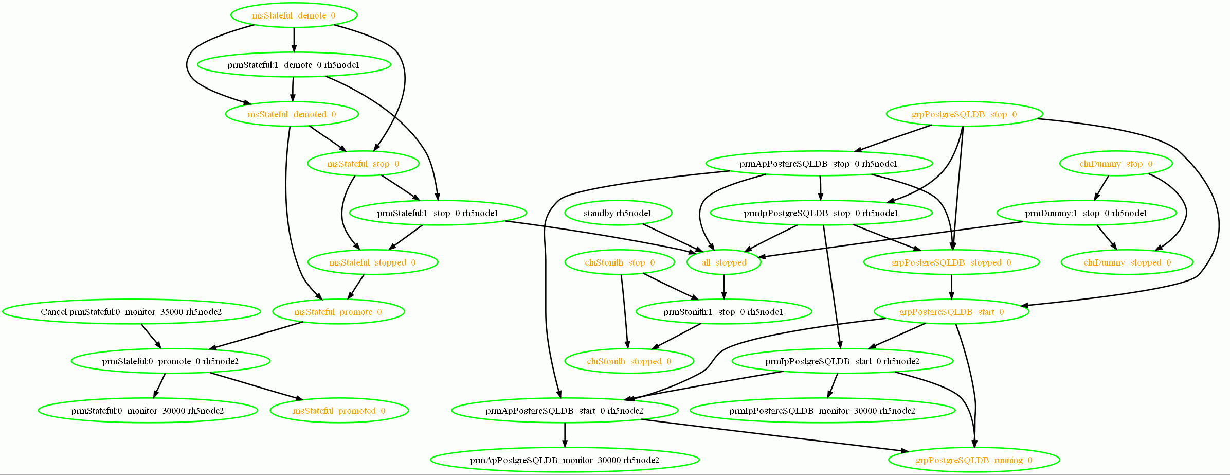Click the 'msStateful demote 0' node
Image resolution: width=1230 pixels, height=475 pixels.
tap(294, 15)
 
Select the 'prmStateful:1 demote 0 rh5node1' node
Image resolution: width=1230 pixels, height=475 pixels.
tap(294, 65)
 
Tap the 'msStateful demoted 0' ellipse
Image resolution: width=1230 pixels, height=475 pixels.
tap(292, 114)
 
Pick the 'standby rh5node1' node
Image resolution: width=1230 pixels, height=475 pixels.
tap(618, 213)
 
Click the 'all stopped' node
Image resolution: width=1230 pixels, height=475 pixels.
tap(724, 262)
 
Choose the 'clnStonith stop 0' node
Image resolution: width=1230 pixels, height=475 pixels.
tap(620, 262)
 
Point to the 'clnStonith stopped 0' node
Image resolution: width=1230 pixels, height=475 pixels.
tap(629, 361)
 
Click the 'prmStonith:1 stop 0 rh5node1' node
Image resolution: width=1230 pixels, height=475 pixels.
tap(723, 312)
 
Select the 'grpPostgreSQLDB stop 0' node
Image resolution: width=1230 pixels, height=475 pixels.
tap(964, 114)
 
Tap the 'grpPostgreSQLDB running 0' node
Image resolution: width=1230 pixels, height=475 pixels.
tap(974, 460)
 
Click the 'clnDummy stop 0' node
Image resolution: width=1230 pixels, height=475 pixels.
tap(1116, 164)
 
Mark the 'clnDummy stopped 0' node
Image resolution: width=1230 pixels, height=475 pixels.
tap(1127, 262)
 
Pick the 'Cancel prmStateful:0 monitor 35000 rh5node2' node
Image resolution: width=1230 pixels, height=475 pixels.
tap(131, 312)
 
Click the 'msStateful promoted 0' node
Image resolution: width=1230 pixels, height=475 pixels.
tap(339, 411)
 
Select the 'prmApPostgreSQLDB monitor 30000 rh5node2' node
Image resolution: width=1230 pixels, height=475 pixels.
tap(565, 460)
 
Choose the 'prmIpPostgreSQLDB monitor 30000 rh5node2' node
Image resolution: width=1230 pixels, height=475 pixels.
tap(822, 411)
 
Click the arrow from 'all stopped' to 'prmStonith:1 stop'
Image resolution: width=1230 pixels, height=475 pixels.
tap(724, 287)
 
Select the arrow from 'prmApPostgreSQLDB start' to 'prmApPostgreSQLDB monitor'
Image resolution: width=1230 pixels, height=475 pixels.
tap(565, 435)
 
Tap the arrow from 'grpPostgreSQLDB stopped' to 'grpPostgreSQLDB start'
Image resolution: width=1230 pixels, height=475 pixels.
tap(951, 287)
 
